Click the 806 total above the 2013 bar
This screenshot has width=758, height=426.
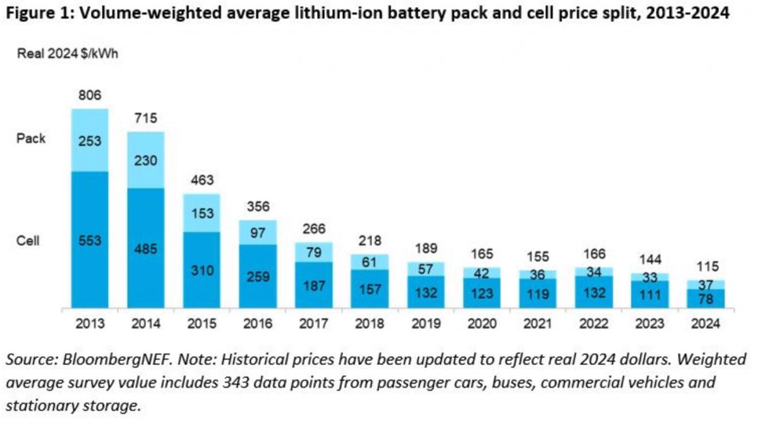tap(90, 95)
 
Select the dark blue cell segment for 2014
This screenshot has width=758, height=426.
tap(146, 247)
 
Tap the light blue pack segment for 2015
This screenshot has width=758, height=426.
tap(202, 213)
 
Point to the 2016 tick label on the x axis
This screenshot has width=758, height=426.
tap(258, 324)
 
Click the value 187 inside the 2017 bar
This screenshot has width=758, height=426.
tap(314, 285)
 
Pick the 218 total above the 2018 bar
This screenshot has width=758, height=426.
tap(370, 241)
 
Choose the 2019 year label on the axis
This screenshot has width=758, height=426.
tap(426, 324)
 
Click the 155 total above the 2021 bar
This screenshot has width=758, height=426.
tap(538, 257)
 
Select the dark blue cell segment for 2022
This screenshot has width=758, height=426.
tap(594, 292)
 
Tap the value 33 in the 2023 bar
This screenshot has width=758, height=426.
tap(650, 277)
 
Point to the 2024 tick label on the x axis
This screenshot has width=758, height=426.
tap(706, 324)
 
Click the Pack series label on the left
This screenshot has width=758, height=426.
tap(31, 138)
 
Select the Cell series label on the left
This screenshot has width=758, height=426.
tap(28, 241)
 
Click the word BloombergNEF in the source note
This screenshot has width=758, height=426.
tap(102, 360)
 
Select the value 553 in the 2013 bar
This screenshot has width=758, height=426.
tap(90, 241)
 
